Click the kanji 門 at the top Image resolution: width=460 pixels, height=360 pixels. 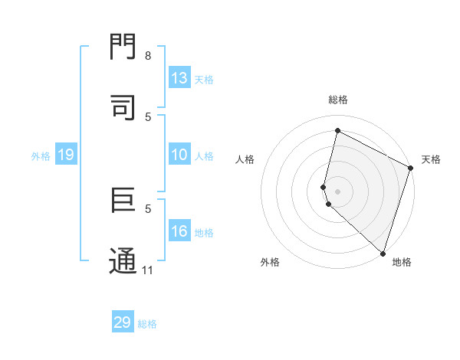tap(123, 47)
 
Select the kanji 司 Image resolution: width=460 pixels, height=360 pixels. tap(123, 106)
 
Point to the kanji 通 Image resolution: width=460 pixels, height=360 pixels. tap(123, 260)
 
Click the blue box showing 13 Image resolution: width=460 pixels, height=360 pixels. tap(179, 78)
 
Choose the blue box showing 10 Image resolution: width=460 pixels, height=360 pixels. tap(179, 155)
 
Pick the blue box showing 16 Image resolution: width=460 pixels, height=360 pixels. tap(179, 232)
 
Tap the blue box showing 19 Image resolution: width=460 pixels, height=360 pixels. tap(66, 155)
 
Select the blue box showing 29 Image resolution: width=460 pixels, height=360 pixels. tap(123, 322)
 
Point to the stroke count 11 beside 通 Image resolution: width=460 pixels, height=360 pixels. tap(148, 270)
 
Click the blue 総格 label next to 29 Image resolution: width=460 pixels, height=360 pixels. tap(148, 324)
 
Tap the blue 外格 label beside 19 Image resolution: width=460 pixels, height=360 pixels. tap(41, 156)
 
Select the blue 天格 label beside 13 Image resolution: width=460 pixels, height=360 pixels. tap(204, 80)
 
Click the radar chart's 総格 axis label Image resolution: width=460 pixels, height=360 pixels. tap(338, 100)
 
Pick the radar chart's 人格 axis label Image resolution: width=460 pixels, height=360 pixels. tap(245, 159)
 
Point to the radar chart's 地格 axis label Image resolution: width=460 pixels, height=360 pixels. tap(402, 262)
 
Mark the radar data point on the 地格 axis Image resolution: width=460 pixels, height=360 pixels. tap(383, 252)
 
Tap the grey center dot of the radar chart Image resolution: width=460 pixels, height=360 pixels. tap(338, 191)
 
